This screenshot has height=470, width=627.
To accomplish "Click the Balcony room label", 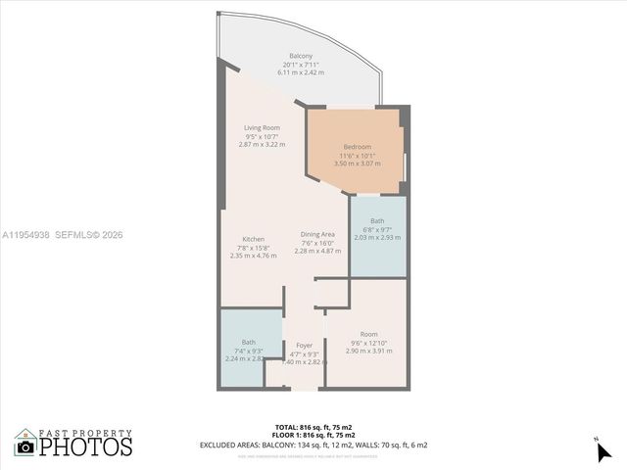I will (x=301, y=56).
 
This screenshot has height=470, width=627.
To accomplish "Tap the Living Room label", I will (x=262, y=127).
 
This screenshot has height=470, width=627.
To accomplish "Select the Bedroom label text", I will (x=357, y=147).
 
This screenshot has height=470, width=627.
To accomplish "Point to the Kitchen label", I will (x=253, y=240).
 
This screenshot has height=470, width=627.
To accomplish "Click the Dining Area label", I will (x=317, y=235).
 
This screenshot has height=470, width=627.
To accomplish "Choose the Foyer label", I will (x=304, y=346).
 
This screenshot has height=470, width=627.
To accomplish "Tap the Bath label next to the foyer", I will (x=249, y=342).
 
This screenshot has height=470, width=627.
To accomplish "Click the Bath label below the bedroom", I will (x=377, y=221).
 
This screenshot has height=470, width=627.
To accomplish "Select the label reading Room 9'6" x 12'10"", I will (x=368, y=334).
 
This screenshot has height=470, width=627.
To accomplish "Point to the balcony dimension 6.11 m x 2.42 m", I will (x=301, y=72).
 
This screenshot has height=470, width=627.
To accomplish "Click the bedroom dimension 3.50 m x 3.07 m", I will (x=357, y=164).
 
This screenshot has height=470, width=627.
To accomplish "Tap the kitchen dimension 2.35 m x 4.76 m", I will (x=253, y=256).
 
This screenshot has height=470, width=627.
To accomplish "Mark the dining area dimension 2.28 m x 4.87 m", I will (x=317, y=251).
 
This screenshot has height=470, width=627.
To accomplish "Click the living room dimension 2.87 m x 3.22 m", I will (x=262, y=144).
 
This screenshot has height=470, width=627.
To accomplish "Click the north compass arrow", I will (x=603, y=451).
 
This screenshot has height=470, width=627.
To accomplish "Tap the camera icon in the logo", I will (x=25, y=447).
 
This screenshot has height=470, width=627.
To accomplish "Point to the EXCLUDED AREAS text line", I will (x=313, y=446).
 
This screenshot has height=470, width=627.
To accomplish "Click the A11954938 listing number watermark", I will (x=26, y=235).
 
